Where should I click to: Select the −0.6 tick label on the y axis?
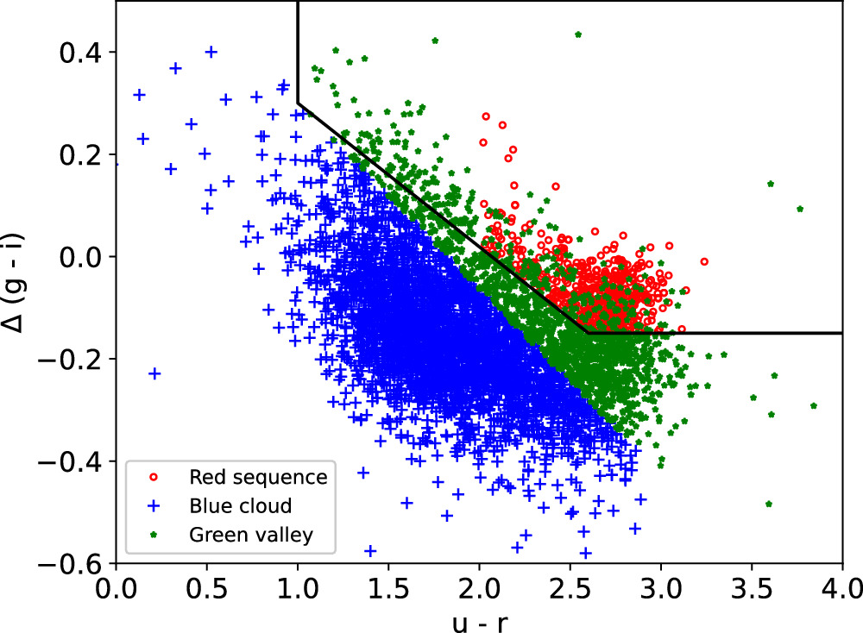[74, 565]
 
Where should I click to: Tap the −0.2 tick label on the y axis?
[74, 360]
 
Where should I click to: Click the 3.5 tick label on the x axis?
[751, 593]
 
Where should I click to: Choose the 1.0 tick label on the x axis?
[298, 593]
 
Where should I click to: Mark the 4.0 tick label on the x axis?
[841, 593]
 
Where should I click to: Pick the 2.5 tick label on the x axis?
[570, 593]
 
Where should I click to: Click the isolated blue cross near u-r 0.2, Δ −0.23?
[155, 373]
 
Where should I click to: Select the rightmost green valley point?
[814, 405]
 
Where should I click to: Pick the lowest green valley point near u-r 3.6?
[769, 504]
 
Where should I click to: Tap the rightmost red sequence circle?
[704, 261]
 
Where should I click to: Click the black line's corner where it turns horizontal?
[587, 332]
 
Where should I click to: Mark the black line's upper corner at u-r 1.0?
[298, 103]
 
